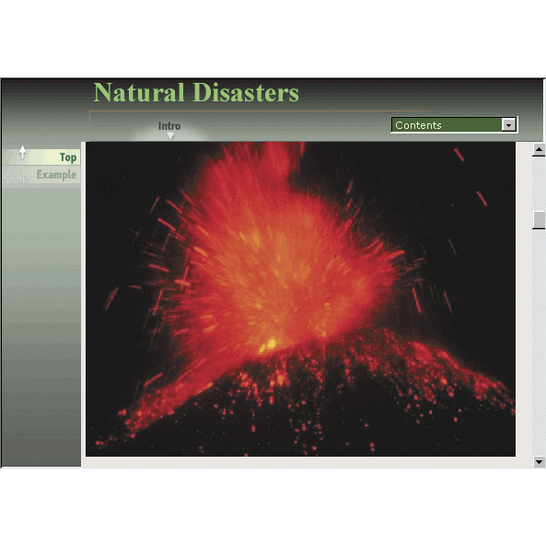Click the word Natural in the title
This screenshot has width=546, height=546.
pos(139,92)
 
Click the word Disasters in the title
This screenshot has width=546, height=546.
pos(246,92)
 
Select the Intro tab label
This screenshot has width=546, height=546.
pos(169,126)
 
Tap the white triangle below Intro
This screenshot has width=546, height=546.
pos(170,135)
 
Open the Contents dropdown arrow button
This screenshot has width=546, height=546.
pos(508,124)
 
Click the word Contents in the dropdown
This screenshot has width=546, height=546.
pos(418,125)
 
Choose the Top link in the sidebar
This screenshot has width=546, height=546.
pos(68,157)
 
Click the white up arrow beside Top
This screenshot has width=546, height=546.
pos(22,152)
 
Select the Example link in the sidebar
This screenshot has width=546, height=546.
pos(56,174)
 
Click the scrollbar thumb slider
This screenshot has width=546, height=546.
pos(539,220)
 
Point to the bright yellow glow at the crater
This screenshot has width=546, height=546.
pos(271,344)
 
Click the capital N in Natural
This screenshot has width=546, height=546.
pos(102,92)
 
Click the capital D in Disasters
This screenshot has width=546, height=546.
pos(203,92)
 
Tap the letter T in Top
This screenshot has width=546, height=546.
pos(63,157)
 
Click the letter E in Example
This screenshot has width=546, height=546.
pos(40,174)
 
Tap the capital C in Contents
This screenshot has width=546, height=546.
pos(399,125)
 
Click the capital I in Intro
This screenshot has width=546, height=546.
pos(160,126)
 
